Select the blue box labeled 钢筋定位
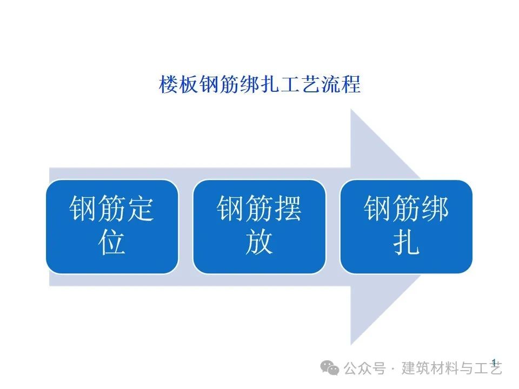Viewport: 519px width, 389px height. pos(112,226)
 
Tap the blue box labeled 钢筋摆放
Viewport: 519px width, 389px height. pos(259,226)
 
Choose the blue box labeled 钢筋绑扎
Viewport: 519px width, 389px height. pos(406,226)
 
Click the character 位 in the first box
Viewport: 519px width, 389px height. pos(112,242)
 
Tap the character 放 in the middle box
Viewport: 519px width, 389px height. pos(259,242)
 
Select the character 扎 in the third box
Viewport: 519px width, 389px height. pos(406,242)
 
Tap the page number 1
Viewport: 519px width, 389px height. pos(494,361)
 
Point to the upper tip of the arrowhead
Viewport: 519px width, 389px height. pos(352,110)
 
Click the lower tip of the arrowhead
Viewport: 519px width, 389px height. pos(352,344)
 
